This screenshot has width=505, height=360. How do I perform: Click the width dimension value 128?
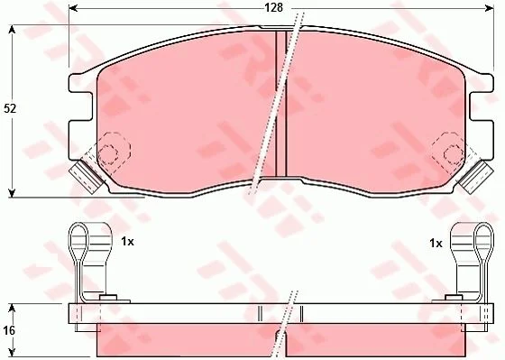click(x=273, y=7)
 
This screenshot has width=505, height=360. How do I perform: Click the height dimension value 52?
click(x=10, y=108)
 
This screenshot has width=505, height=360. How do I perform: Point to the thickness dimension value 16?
click(x=9, y=330)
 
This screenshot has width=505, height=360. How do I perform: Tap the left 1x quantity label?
click(x=127, y=242)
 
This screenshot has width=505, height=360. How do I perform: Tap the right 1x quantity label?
click(x=436, y=244)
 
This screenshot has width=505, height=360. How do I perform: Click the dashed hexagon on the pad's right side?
click(x=454, y=153)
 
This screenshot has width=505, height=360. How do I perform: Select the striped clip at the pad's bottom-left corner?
click(x=86, y=177)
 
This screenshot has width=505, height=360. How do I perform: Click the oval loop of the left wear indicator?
click(x=78, y=242)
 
